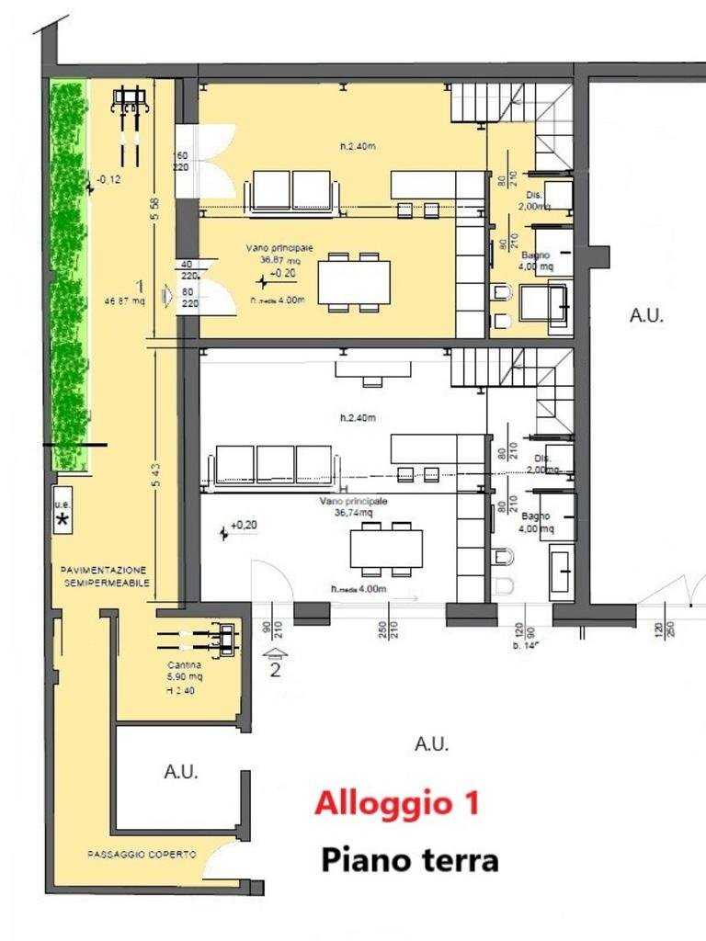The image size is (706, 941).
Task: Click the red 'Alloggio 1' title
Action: point(396,803)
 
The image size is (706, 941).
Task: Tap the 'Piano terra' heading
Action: point(409,860)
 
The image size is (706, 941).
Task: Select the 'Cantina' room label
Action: point(185,664)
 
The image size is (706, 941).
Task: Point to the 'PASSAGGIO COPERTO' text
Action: point(142,855)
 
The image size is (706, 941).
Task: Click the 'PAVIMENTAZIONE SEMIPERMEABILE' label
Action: point(104,576)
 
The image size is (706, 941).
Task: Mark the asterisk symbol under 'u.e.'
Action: point(63,521)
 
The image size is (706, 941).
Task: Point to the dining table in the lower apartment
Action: point(386,548)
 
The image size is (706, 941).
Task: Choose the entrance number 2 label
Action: point(275,669)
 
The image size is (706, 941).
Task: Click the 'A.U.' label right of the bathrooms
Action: point(646,315)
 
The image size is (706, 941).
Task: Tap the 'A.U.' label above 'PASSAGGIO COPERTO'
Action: point(181,772)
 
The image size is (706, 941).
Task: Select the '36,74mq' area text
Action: point(354,515)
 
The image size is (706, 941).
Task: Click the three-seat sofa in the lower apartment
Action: point(275,464)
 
